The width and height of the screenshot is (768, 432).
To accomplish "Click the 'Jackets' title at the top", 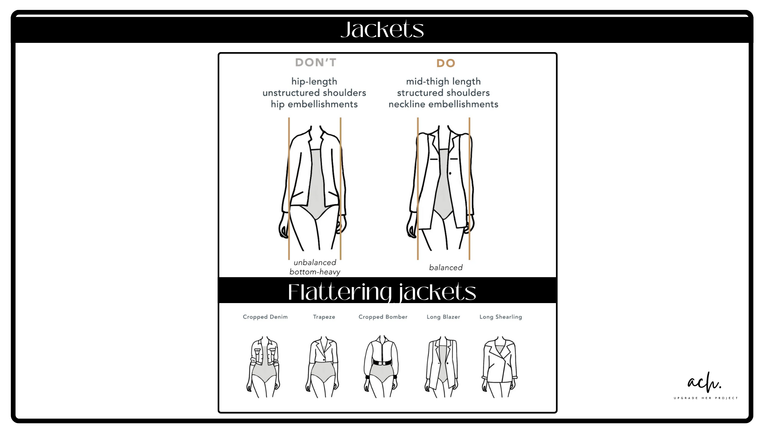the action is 382,29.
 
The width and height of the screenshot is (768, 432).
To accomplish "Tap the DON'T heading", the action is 316,62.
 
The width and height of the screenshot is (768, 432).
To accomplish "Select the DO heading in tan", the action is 446,63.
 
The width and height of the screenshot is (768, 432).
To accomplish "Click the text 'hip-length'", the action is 314,82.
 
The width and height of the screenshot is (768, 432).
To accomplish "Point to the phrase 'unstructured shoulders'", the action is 314,93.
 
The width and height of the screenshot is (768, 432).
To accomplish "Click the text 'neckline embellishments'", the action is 443,104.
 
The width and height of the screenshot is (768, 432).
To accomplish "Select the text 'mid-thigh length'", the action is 443,82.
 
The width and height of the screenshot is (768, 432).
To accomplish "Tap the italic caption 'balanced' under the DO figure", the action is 446,267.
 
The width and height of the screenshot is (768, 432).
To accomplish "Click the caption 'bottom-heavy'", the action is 315,272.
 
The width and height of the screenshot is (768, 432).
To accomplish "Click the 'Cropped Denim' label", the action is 265,317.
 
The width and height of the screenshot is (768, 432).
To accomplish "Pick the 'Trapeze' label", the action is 324,317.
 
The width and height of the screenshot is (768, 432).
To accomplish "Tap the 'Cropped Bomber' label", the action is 383,317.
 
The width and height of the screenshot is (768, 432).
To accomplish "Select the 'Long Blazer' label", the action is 443,317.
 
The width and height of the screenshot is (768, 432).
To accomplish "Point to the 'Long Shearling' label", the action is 501,317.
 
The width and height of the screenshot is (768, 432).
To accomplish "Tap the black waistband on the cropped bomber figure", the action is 382,363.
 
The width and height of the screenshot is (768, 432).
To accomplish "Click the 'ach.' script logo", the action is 704,382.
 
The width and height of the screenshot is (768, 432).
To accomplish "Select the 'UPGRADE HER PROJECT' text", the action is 706,398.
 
